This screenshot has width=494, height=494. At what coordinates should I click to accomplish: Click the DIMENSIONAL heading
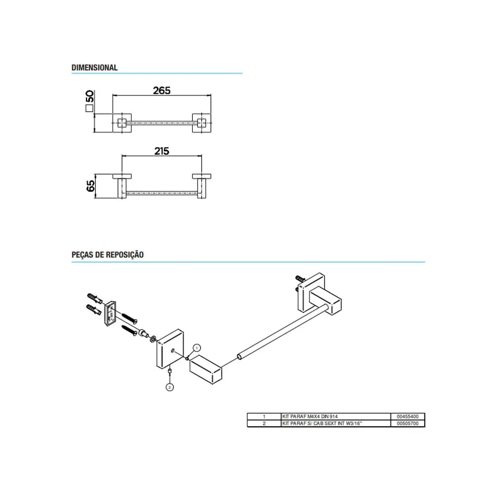click(94, 67)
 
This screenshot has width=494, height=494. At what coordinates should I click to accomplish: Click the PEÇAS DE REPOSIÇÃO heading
click(107, 254)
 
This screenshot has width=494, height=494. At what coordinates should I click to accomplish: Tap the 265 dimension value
click(162, 91)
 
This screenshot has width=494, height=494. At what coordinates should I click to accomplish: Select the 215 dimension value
click(162, 151)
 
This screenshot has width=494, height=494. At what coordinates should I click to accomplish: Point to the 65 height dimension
click(90, 186)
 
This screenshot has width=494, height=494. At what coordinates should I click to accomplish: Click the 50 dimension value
click(90, 96)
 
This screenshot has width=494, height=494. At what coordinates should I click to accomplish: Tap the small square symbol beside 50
click(89, 108)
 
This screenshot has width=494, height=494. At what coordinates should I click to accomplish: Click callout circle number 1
click(197, 348)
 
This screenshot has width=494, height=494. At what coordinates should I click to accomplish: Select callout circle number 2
click(169, 387)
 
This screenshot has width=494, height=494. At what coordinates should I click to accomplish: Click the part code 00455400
click(408, 416)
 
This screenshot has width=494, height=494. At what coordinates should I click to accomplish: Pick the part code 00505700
click(408, 423)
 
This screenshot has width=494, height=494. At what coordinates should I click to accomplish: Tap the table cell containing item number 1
click(264, 416)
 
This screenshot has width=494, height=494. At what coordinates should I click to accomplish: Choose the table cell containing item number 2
click(264, 423)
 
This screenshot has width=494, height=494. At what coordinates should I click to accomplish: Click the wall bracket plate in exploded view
click(110, 314)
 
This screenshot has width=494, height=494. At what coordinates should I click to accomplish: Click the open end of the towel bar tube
click(240, 357)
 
